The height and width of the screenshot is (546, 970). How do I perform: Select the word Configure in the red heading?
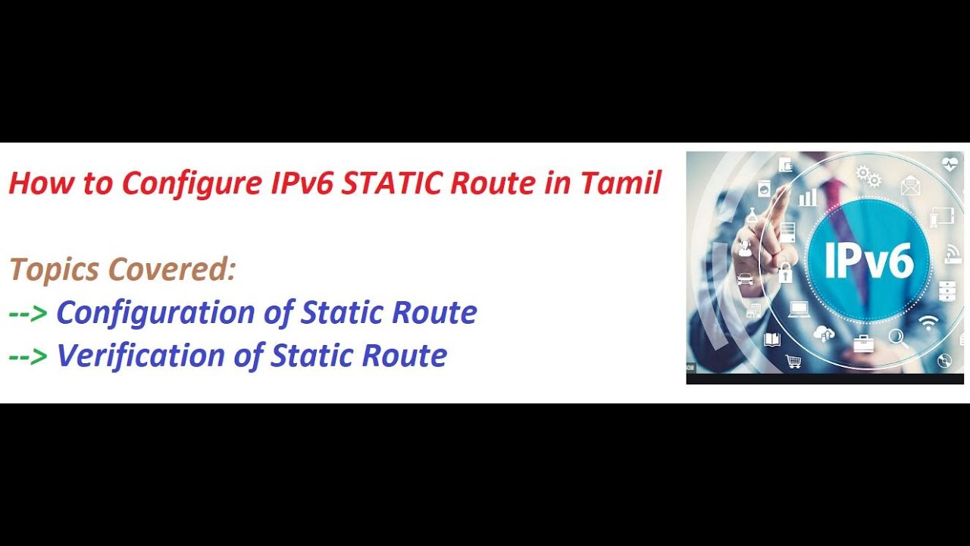(x=191, y=183)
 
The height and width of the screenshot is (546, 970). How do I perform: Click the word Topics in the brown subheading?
(x=54, y=269)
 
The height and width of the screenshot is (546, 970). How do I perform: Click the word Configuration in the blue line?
(x=155, y=312)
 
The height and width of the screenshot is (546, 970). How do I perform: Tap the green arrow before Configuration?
(x=29, y=312)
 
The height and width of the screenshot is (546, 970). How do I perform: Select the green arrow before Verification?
(x=29, y=356)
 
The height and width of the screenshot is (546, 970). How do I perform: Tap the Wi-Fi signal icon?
(x=928, y=322)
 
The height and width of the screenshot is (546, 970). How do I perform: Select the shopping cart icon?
(x=793, y=361)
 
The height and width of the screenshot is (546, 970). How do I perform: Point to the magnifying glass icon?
(x=899, y=337)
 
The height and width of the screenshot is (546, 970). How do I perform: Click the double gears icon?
(x=868, y=177)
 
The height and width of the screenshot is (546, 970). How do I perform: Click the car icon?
(x=745, y=278)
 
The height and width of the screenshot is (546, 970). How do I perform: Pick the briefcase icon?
(x=863, y=344)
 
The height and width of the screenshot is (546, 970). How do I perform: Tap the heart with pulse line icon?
(x=950, y=163)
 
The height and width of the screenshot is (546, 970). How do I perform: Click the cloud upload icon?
(x=823, y=333)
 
